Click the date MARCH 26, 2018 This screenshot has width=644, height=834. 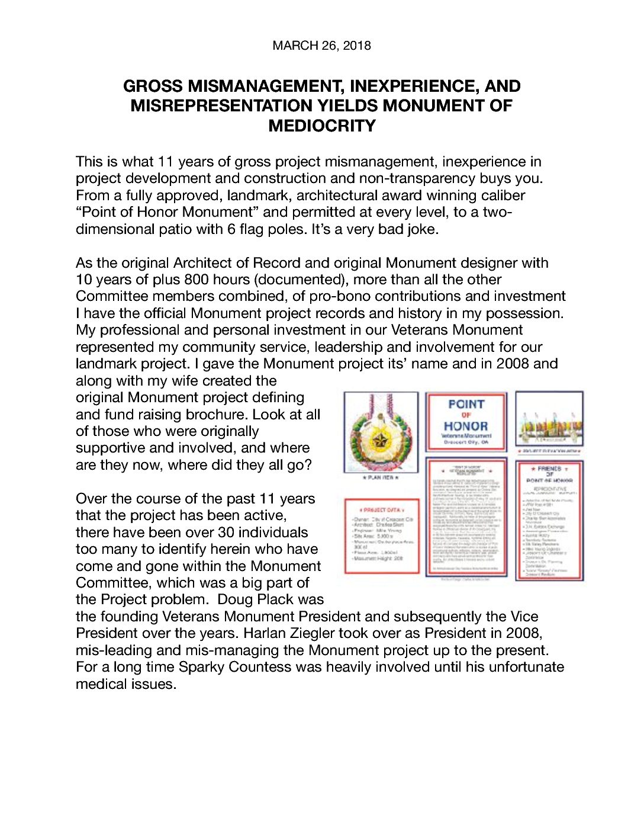(321, 46)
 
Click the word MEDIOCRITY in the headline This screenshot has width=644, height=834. (322, 126)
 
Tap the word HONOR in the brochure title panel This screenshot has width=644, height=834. (466, 426)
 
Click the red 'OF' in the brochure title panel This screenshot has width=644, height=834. (466, 415)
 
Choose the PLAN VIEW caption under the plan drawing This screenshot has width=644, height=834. (381, 477)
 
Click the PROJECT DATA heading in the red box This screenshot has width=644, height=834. (382, 509)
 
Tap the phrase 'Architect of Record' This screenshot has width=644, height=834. (211, 263)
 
